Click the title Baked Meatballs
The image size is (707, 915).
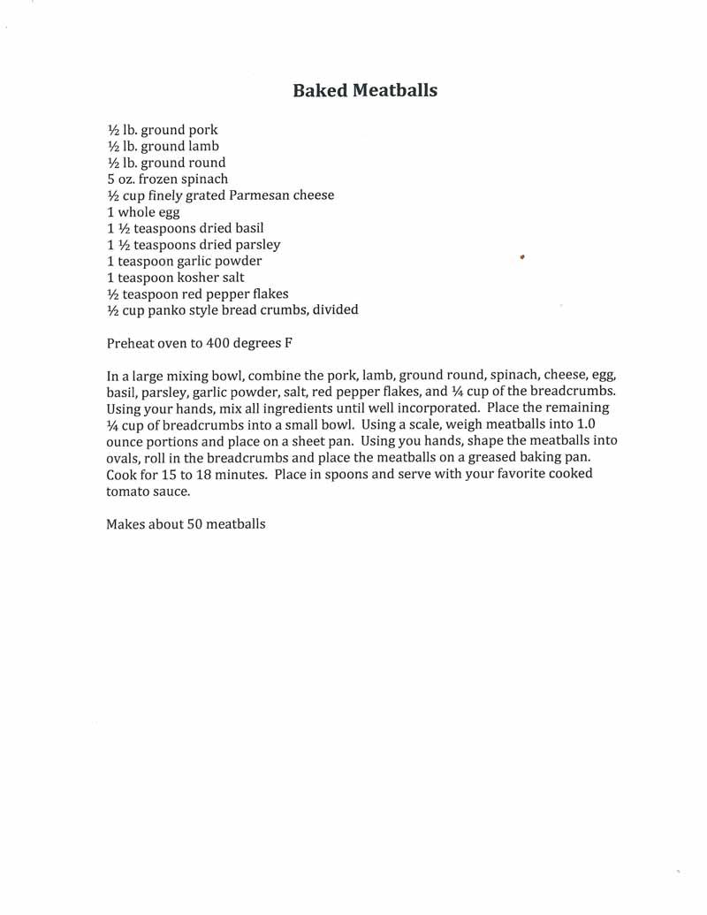point(364,90)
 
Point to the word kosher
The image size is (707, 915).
point(193,278)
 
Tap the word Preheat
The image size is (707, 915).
point(133,344)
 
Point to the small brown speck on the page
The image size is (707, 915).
point(523,257)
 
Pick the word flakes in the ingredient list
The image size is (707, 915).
point(269,294)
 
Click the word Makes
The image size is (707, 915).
point(127,523)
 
